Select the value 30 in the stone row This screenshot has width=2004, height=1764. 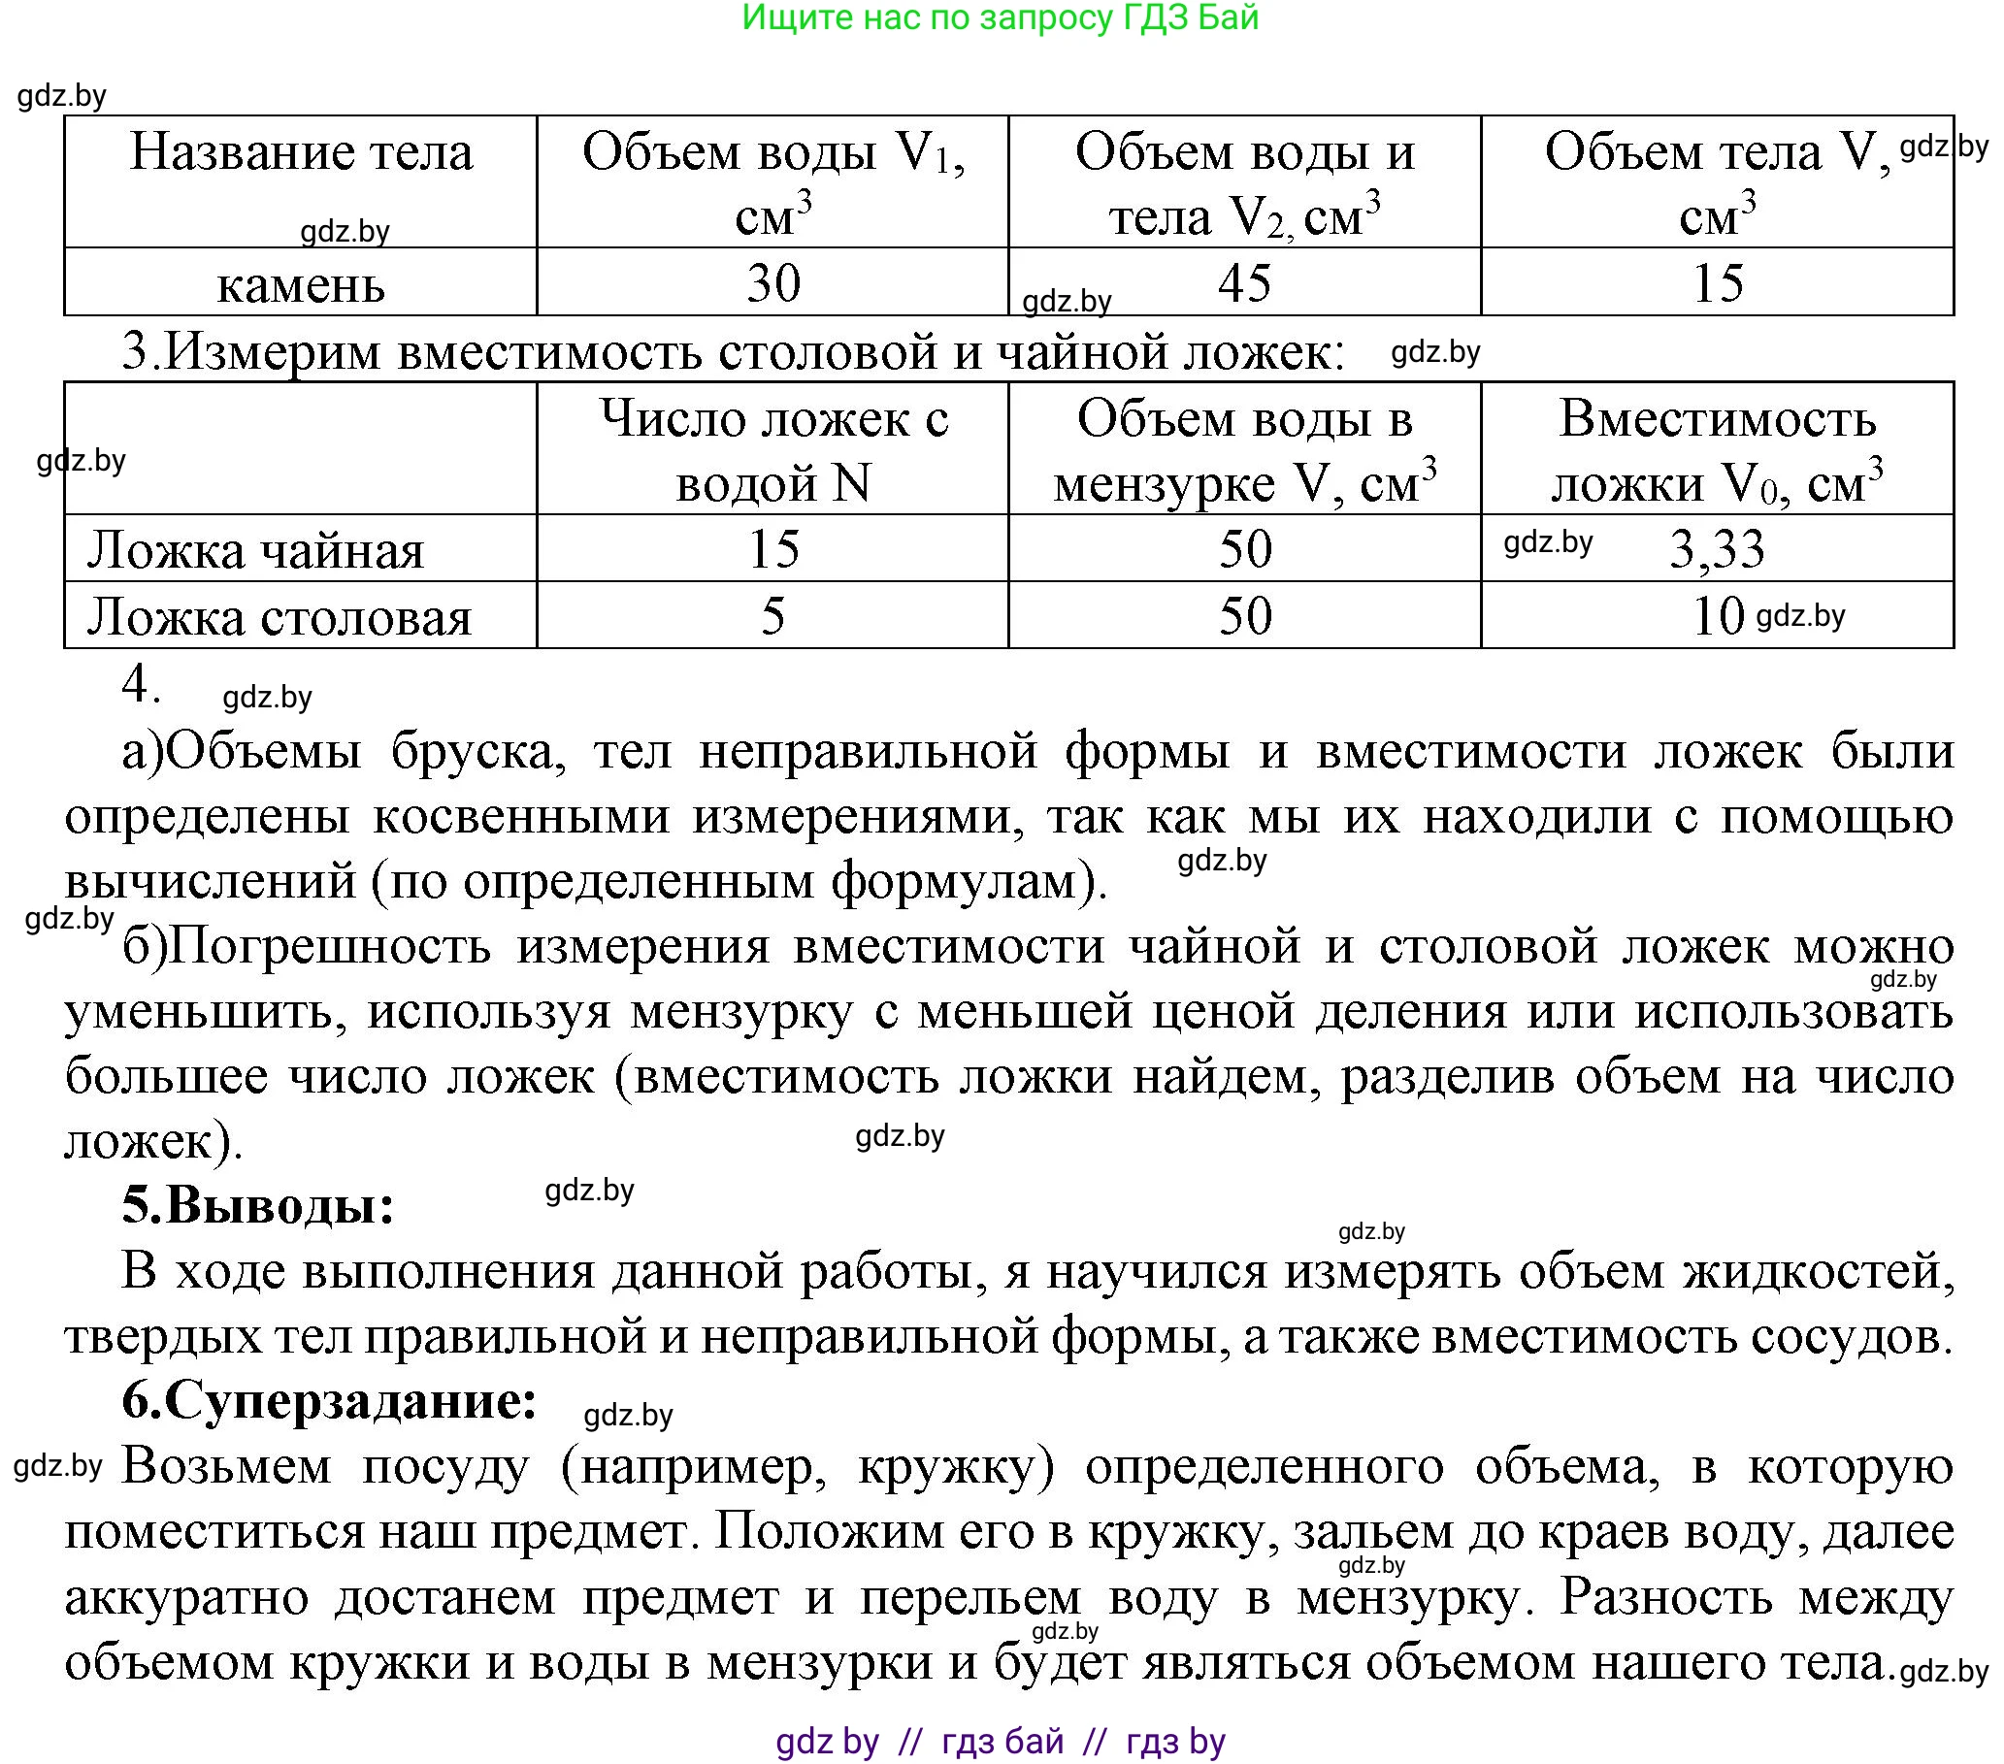coord(773,283)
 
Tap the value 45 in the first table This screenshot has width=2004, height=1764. coord(1244,283)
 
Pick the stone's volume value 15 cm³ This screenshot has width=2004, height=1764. coord(1718,283)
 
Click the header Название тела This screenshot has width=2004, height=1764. coord(301,153)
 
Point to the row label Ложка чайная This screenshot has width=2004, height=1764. coord(256,550)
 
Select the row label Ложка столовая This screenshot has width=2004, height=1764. coord(279,617)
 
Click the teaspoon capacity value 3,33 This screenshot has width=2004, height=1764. coord(1717,549)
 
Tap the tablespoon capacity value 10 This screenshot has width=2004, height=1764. coord(1718,616)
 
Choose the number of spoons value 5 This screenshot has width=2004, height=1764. coord(773,616)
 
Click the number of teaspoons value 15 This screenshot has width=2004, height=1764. coord(773,549)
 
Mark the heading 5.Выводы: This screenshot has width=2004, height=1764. coord(258,1204)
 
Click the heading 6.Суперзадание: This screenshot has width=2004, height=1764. coord(329,1400)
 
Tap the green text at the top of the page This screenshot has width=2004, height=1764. coord(1000,17)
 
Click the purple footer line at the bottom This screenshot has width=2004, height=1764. coord(1000,1742)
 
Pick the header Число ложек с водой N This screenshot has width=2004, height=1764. coord(773,450)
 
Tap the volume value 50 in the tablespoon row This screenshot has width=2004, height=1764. coord(1244,616)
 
